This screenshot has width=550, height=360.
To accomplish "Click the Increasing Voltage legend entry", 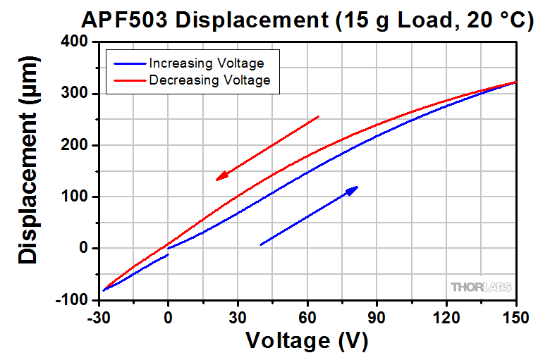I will click(206, 63).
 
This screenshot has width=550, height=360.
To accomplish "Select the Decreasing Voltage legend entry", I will click(209, 80).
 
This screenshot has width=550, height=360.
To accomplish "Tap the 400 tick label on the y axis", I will click(72, 42).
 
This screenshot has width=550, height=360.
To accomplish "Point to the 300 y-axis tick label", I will click(72, 94).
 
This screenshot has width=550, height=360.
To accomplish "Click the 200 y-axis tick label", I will click(72, 145).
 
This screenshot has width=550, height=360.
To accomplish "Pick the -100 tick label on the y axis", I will click(68, 299).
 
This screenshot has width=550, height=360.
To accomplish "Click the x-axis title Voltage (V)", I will click(306, 341).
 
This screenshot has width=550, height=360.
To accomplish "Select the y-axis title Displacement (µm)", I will click(28, 170).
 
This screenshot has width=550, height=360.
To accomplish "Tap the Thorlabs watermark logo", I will click(481, 287).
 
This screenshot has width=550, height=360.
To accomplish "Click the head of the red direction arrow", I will click(219, 178).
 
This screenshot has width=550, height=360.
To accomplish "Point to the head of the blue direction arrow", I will click(355, 188).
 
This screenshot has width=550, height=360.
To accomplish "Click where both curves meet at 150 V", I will click(516, 82).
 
